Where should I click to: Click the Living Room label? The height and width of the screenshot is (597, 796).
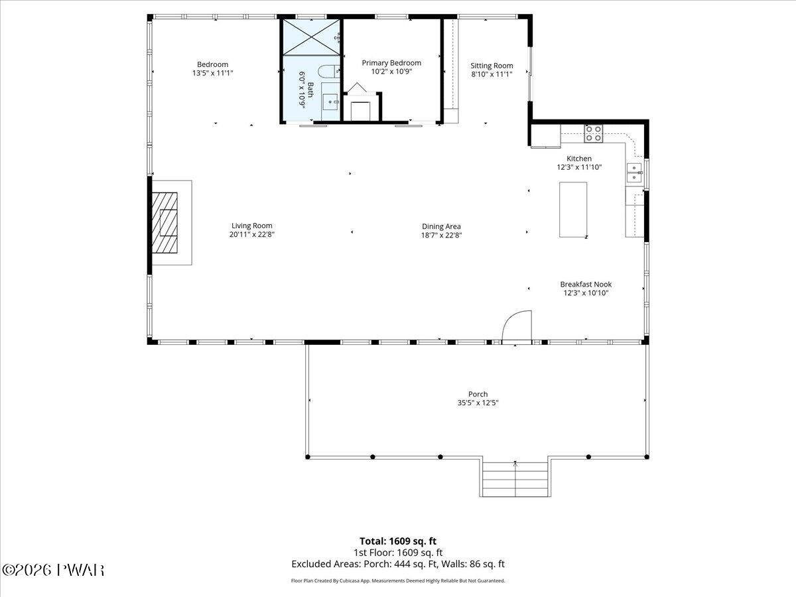pyautogui.click(x=251, y=226)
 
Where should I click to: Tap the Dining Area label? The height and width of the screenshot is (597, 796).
pyautogui.click(x=441, y=226)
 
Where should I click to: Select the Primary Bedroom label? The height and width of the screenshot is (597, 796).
pyautogui.click(x=391, y=63)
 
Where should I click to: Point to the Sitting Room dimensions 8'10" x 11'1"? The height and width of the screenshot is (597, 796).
pyautogui.click(x=492, y=74)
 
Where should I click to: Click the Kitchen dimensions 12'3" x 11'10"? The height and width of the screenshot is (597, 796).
pyautogui.click(x=579, y=167)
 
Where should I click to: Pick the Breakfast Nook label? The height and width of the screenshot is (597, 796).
pyautogui.click(x=586, y=284)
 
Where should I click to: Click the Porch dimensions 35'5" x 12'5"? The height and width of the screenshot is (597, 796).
pyautogui.click(x=478, y=403)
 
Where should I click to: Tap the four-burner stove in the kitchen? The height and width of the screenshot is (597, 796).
pyautogui.click(x=593, y=133)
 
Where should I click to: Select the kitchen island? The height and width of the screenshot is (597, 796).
pyautogui.click(x=573, y=210)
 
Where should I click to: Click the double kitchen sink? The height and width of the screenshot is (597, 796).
pyautogui.click(x=634, y=173)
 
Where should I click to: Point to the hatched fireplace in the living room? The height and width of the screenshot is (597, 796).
pyautogui.click(x=165, y=223)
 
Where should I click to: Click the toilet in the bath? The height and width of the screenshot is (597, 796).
pyautogui.click(x=329, y=71)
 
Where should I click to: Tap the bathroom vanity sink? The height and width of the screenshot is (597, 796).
pyautogui.click(x=330, y=102)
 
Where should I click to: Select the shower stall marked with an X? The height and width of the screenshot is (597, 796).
pyautogui.click(x=311, y=37)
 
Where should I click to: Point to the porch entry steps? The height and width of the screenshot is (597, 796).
pyautogui.click(x=515, y=479)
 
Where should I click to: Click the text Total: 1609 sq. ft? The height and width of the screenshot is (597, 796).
pyautogui.click(x=398, y=541)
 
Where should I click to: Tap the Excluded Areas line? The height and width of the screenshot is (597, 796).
pyautogui.click(x=398, y=564)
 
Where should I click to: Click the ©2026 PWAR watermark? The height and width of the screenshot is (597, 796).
pyautogui.click(x=53, y=570)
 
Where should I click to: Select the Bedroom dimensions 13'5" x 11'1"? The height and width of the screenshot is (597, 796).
pyautogui.click(x=212, y=73)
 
